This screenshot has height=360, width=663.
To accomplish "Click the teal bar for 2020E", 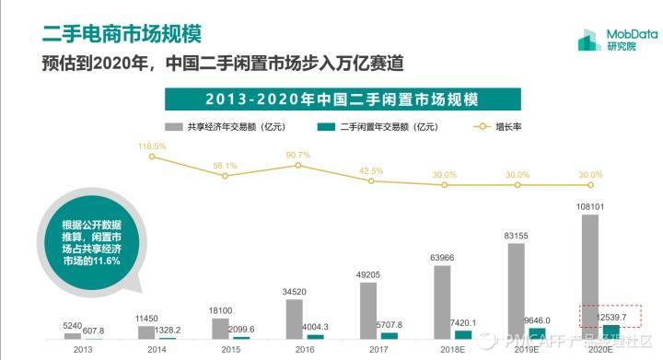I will tap(611, 332).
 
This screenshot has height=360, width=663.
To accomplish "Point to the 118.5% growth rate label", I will tap(152, 145).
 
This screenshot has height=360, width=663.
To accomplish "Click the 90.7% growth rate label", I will tap(298, 155).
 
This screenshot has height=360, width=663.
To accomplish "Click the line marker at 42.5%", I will tap(371, 181).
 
